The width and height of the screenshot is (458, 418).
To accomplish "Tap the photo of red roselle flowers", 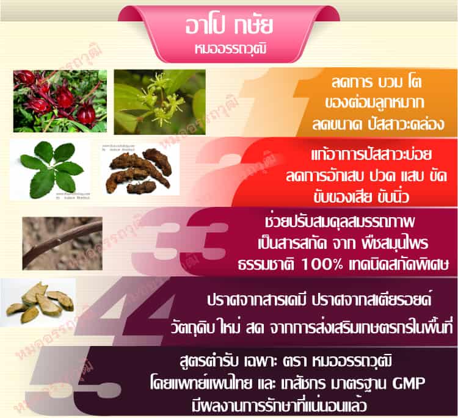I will [x=60, y=101].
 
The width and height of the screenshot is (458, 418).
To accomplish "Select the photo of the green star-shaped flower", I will [x=159, y=101].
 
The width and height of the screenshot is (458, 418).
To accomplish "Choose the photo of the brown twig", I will [x=62, y=242].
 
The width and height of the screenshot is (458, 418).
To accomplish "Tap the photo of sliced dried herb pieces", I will [x=39, y=303].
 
